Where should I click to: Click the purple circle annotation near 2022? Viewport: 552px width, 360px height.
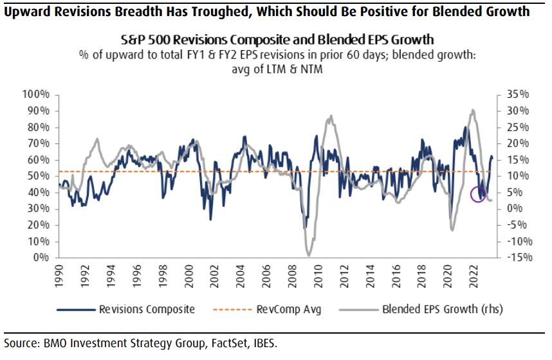(x=478, y=194)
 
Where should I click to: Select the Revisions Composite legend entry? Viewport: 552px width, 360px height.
(x=147, y=309)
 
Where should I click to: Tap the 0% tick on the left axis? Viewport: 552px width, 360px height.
(x=42, y=257)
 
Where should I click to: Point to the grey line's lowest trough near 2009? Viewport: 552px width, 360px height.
(x=309, y=256)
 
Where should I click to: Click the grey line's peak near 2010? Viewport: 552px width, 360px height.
(x=331, y=116)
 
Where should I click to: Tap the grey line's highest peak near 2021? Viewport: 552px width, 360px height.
(x=473, y=110)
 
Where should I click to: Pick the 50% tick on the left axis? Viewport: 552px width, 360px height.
(x=39, y=175)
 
